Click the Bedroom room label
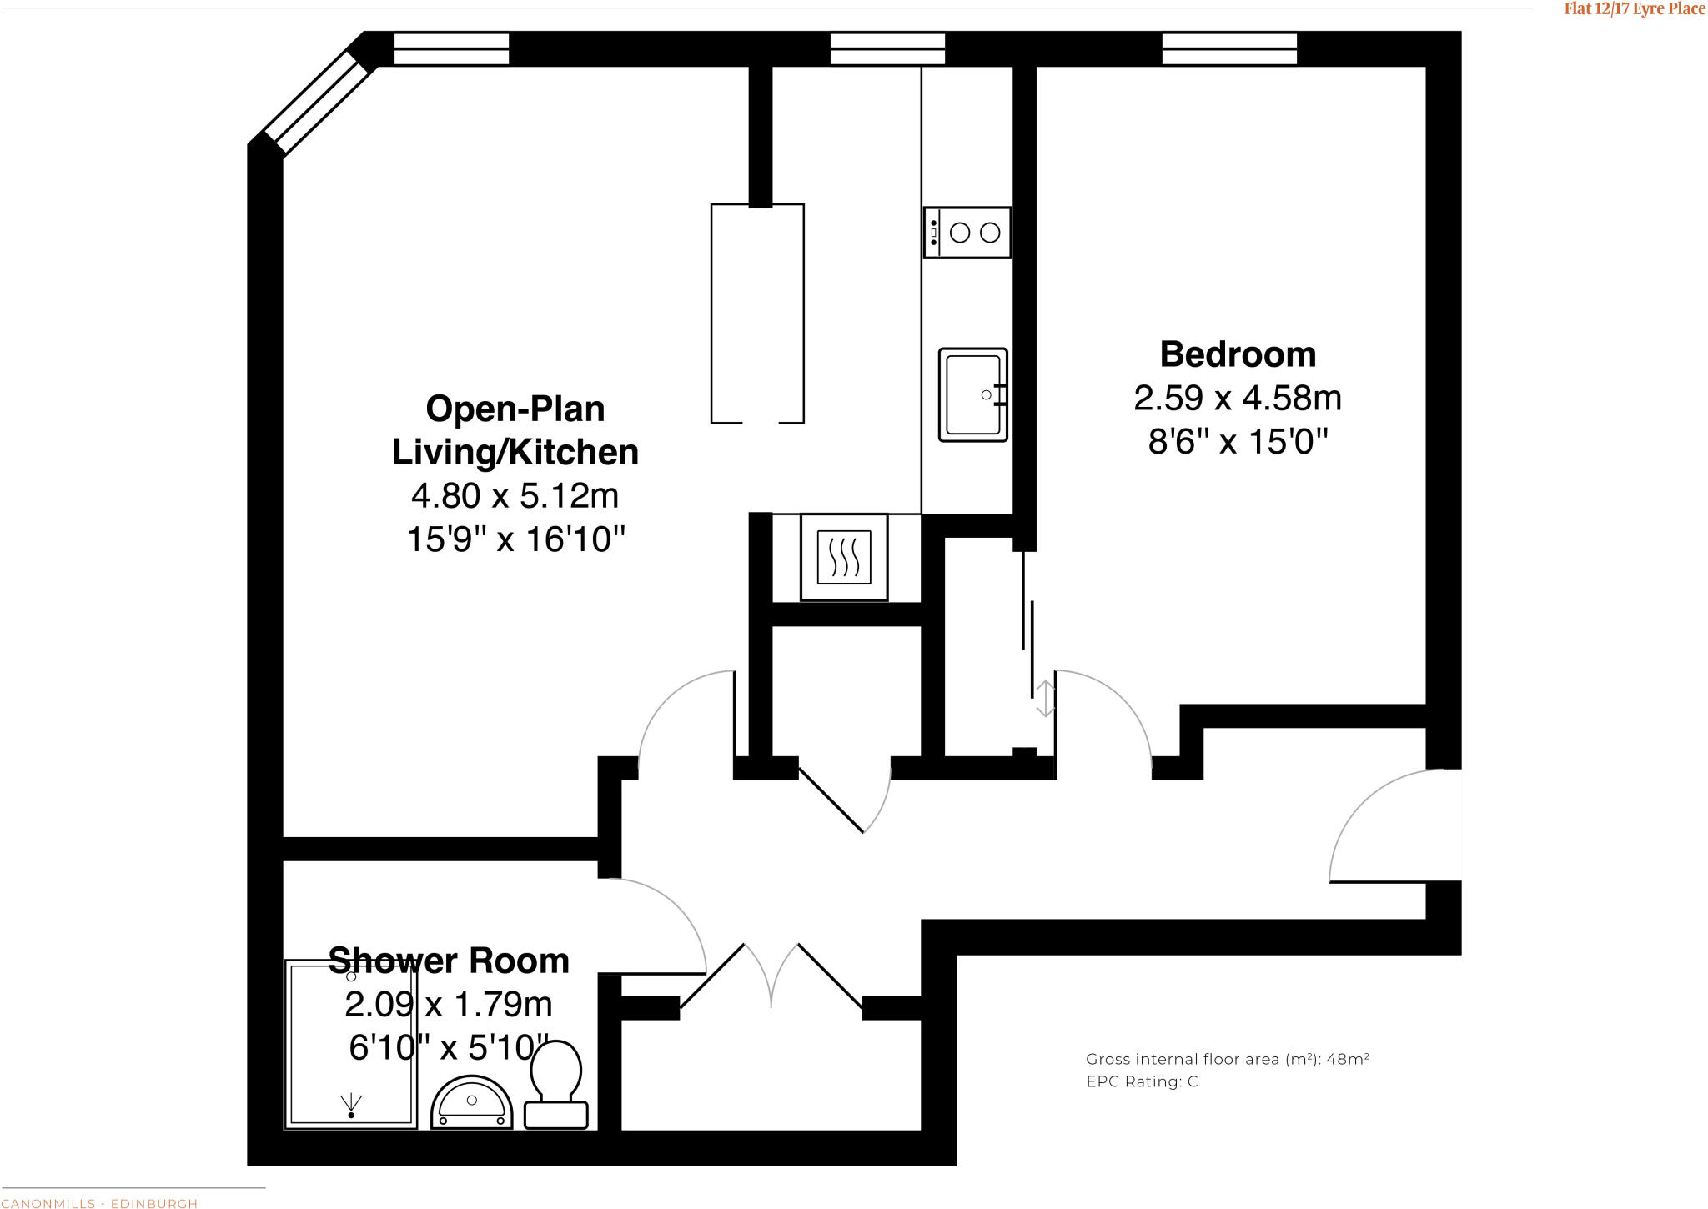(x=1238, y=355)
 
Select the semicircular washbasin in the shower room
(x=471, y=1103)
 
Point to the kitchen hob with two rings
(x=967, y=233)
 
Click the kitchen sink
(x=973, y=394)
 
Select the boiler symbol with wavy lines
(x=844, y=557)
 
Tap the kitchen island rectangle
(x=757, y=314)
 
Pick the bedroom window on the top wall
(x=1229, y=48)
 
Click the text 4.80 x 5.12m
(x=515, y=496)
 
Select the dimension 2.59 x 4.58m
(x=1238, y=399)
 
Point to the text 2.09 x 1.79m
(x=449, y=1005)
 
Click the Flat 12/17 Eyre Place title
(x=1634, y=9)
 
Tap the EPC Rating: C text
(x=1142, y=1081)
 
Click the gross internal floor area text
(x=1227, y=1059)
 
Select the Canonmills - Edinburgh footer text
(x=99, y=1203)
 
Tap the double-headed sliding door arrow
(x=1045, y=699)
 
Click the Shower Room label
(x=449, y=961)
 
